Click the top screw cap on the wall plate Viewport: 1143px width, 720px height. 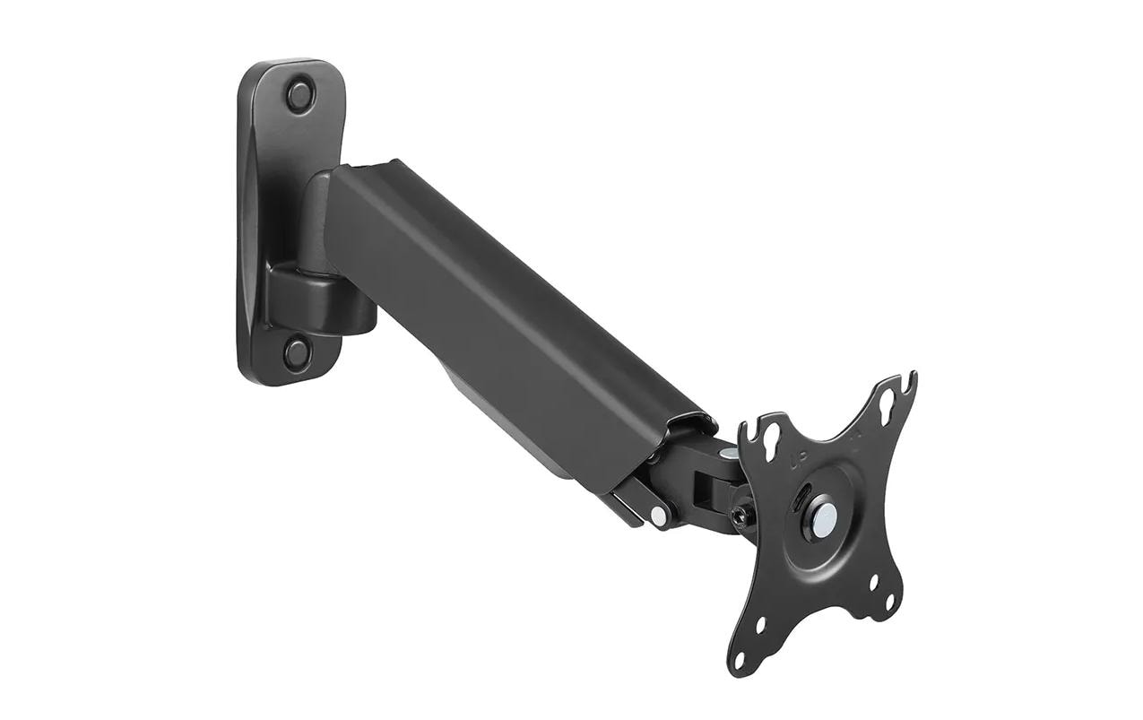coord(300,94)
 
